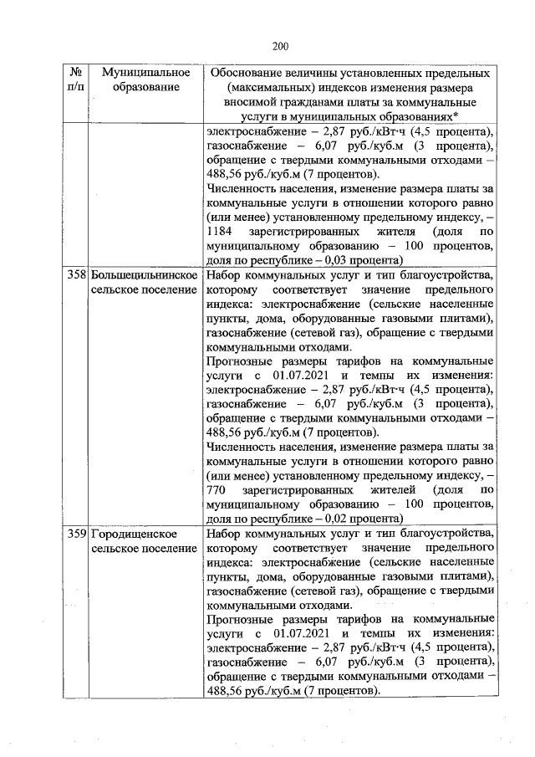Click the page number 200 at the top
click(280, 46)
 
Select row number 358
click(76, 275)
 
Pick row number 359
click(76, 534)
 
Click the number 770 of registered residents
click(217, 489)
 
